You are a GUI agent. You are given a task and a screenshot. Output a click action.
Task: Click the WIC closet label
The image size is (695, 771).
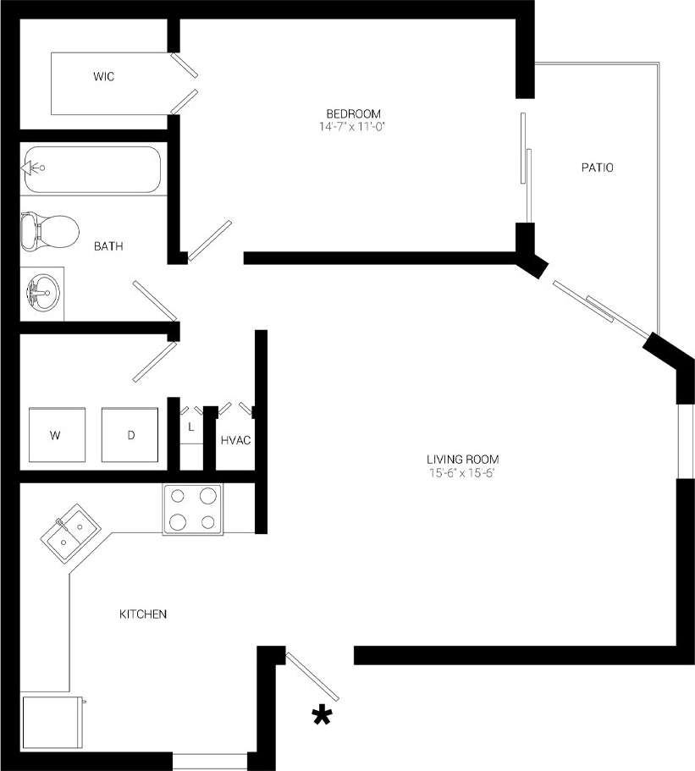click(x=103, y=77)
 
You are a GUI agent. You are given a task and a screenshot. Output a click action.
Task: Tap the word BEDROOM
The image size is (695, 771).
click(x=354, y=113)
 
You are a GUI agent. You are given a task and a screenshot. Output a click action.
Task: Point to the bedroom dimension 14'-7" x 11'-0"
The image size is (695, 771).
click(x=354, y=127)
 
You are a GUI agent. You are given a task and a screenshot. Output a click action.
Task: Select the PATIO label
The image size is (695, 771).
click(x=597, y=168)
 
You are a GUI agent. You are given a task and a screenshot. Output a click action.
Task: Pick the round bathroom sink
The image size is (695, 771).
click(x=41, y=293)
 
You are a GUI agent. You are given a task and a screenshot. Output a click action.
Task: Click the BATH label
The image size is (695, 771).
click(x=108, y=247)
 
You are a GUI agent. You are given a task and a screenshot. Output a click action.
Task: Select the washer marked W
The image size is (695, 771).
click(x=56, y=435)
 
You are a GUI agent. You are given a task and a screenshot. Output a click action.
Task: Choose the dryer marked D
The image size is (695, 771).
click(x=130, y=435)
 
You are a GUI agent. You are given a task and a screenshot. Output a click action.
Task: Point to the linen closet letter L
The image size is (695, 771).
click(x=191, y=427)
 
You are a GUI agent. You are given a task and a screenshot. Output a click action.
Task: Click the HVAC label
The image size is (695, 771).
click(x=235, y=441)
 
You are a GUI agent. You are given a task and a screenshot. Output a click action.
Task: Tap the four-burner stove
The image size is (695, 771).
click(x=193, y=509)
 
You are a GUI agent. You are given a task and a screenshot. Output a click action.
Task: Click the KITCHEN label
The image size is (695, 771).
click(x=142, y=614)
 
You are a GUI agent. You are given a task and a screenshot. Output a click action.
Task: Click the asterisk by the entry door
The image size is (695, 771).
click(x=322, y=716)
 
